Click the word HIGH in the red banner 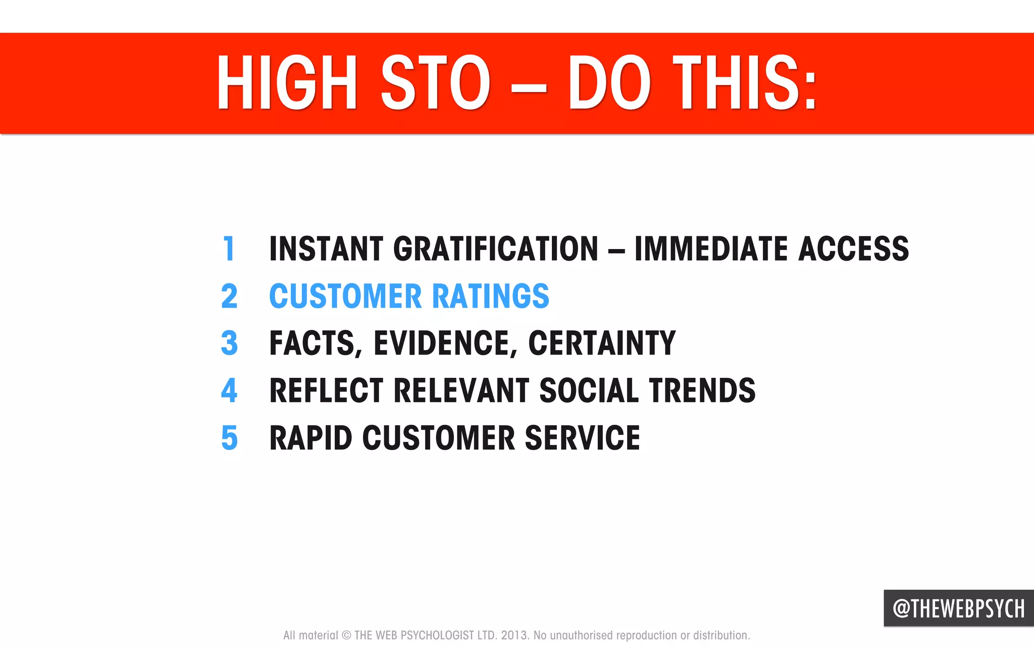(x=287, y=83)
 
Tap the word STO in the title (x=435, y=83)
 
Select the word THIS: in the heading (x=745, y=83)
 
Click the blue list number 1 (x=229, y=248)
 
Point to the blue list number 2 (x=229, y=296)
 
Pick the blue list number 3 (x=229, y=343)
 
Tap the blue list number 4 (x=229, y=390)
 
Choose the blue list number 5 (x=229, y=437)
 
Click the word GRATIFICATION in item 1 (x=496, y=248)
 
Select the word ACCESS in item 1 (x=853, y=248)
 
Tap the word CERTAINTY (x=602, y=343)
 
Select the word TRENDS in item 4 (x=702, y=390)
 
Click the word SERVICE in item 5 (x=582, y=437)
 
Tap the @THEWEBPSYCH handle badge (x=958, y=609)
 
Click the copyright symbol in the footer (x=346, y=635)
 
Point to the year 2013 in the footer (x=514, y=635)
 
